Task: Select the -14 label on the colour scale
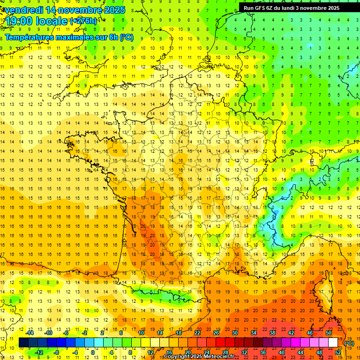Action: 30,333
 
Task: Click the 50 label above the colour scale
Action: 329,333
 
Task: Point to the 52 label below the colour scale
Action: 338,352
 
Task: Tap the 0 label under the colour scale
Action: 93,352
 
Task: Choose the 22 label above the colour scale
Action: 197,333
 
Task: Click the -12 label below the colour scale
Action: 39,352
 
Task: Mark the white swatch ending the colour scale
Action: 333,343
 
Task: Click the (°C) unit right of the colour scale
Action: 349,343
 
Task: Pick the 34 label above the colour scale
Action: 254,333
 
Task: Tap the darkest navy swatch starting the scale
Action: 23,343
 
